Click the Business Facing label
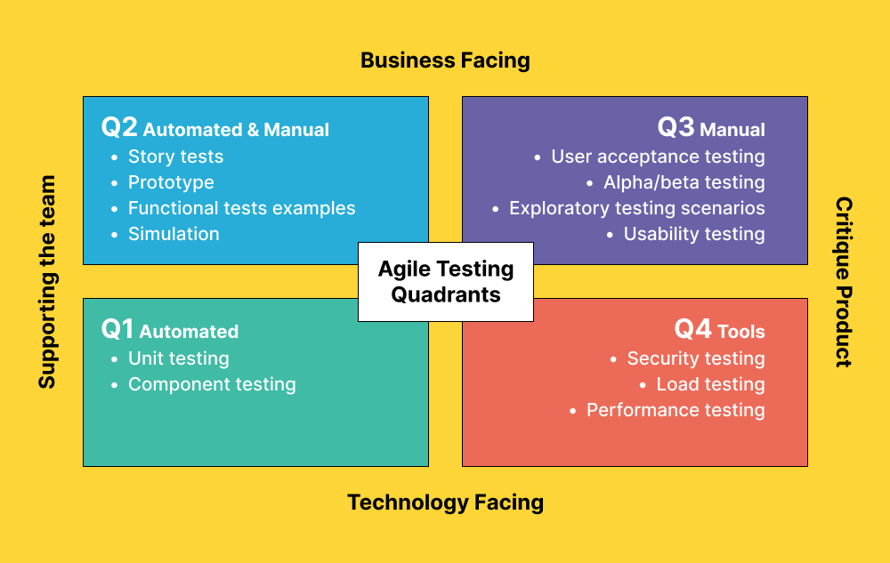pos(445,60)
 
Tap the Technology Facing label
pos(445,503)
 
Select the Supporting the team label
pos(47,282)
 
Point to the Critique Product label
pos(843,282)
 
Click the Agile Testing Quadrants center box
pos(446,281)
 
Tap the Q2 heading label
pos(214,128)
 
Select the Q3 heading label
pos(711,128)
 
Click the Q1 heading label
pos(169,330)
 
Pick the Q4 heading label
pos(719,330)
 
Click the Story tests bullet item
pos(175,157)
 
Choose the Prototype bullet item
pos(171,182)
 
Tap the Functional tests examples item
pos(241,208)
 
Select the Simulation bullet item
pos(174,234)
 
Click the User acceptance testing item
pos(658,157)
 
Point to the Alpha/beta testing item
pos(684,182)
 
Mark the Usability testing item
pos(694,234)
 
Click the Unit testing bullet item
pos(179,358)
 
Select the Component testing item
pos(212,384)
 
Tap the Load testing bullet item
pos(710,384)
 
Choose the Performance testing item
pos(676,410)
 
